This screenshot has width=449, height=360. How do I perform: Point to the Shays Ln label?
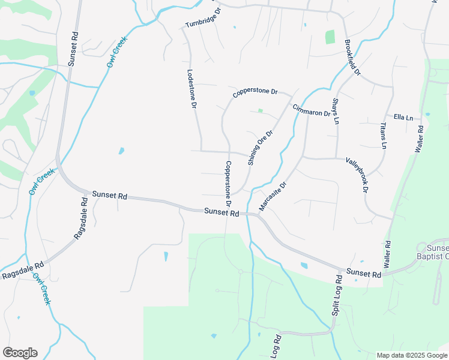tap(336, 111)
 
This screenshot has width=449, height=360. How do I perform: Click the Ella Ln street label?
tap(403, 117)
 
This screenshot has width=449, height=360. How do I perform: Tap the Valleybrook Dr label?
tap(357, 175)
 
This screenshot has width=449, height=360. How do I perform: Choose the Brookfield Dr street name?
tap(352, 58)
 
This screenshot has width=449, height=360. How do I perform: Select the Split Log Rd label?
tap(336, 297)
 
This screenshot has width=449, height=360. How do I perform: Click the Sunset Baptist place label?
tap(437, 252)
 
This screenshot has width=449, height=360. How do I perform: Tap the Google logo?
tap(20, 353)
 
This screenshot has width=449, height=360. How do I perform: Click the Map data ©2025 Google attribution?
tap(411, 355)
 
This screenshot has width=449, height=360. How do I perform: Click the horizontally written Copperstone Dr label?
tap(255, 93)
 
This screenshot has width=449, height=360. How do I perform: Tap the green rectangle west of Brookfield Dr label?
tap(330, 37)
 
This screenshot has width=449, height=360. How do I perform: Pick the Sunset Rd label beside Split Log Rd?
tap(364, 274)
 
